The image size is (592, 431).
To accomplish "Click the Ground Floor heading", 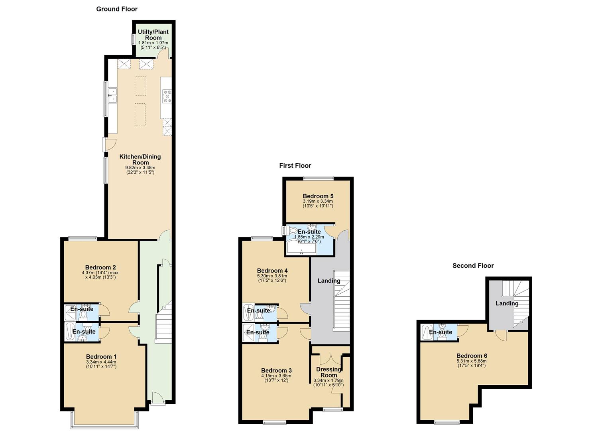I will pos(117,9).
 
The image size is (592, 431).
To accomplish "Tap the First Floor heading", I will pos(295,166).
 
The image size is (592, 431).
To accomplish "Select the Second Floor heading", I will pos(473,266).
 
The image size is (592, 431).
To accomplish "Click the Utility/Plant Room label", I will pos(153,35).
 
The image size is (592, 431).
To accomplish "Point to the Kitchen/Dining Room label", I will pos(140,160).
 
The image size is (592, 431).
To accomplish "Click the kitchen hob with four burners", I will pos(167,97).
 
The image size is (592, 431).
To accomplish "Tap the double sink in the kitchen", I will pos(113,95).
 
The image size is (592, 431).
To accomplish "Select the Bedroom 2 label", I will pos(100,267).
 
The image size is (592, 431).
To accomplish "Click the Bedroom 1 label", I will pos(101,357).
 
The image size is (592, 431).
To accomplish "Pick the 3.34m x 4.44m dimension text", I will pos(101,362).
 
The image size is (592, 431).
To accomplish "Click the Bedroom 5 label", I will pos(318,196).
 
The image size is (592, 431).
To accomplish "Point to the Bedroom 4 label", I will pos(272,271).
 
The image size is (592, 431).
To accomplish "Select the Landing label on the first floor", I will pos(329,281).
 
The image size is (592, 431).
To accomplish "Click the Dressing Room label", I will pos(329,372).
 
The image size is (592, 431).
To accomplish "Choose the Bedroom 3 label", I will pos(276,371).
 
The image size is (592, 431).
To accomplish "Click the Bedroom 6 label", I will pos(472,356).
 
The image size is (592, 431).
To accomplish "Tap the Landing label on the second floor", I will pos(507,303).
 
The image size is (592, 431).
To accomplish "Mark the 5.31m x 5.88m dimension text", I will pos(472,361).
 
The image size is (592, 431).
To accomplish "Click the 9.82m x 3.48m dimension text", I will pos(140,168).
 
